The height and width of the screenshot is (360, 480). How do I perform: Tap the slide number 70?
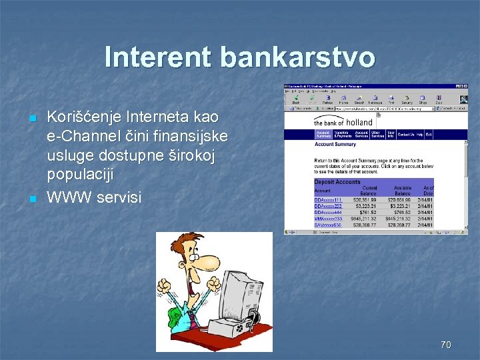point(445,345)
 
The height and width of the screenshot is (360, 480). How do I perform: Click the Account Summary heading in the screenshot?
point(335,145)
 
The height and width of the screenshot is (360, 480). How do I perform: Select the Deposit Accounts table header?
point(337,182)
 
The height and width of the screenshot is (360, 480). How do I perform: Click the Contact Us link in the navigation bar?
point(405,135)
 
